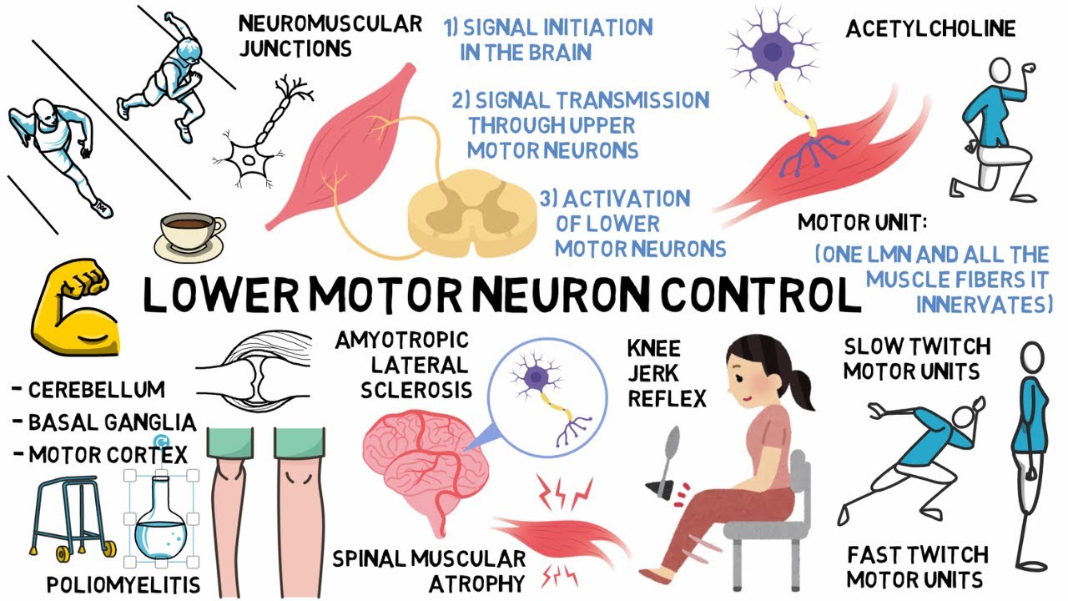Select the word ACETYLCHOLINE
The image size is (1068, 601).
tap(930, 29)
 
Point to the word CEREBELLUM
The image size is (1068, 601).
tap(96, 390)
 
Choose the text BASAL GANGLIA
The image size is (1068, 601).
tap(111, 422)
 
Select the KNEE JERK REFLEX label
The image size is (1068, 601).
tap(667, 373)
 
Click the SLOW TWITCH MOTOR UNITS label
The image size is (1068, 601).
tap(916, 358)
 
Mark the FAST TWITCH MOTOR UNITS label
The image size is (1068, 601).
tap(916, 566)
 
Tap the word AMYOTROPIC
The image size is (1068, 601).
tap(401, 341)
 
